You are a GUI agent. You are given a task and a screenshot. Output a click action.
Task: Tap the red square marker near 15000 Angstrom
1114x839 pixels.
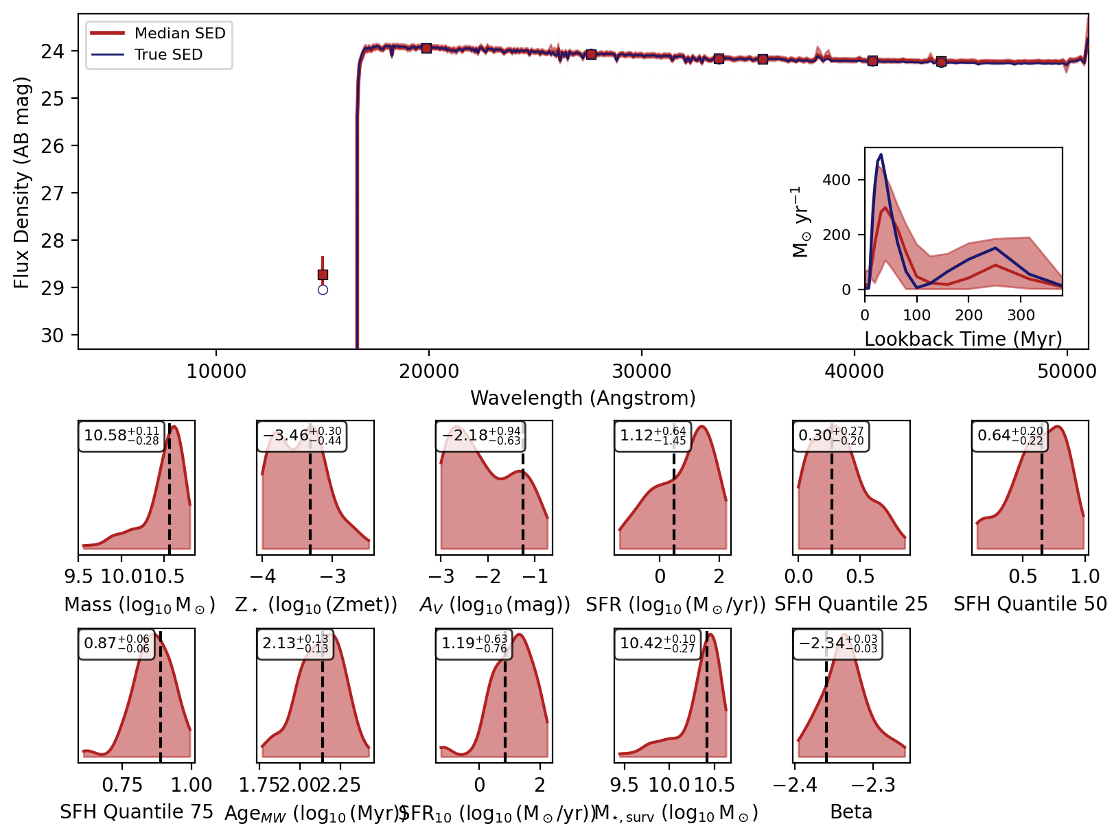pyautogui.click(x=323, y=274)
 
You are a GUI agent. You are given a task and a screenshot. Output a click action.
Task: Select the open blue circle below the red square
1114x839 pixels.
pyautogui.click(x=323, y=289)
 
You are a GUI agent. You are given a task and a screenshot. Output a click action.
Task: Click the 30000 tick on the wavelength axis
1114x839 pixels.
pyautogui.click(x=641, y=372)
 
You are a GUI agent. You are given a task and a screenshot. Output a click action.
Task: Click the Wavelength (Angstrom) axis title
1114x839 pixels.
pyautogui.click(x=583, y=398)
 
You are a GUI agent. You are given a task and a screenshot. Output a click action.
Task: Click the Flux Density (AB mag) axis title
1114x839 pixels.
pyautogui.click(x=22, y=182)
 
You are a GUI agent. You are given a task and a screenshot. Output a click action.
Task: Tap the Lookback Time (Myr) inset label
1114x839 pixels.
pyautogui.click(x=963, y=339)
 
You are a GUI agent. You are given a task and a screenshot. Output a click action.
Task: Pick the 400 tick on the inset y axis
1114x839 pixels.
pyautogui.click(x=836, y=180)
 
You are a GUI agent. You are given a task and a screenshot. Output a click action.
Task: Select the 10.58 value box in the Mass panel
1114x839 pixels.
pyautogui.click(x=121, y=436)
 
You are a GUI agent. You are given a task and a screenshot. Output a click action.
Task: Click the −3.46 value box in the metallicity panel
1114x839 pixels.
pyautogui.click(x=301, y=436)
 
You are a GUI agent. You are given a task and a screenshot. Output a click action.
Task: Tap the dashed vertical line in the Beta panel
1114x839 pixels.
pyautogui.click(x=826, y=713)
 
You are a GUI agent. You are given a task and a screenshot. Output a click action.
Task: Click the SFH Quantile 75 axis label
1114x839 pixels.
pyautogui.click(x=137, y=812)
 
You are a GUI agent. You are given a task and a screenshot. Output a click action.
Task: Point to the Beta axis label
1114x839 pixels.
pyautogui.click(x=850, y=812)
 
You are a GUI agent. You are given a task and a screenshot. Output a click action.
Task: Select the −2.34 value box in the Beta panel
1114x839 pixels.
pyautogui.click(x=837, y=643)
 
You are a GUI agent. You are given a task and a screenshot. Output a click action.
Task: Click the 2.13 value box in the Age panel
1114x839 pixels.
pyautogui.click(x=295, y=643)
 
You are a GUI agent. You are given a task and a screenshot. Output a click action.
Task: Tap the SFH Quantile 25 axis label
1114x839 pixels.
pyautogui.click(x=850, y=604)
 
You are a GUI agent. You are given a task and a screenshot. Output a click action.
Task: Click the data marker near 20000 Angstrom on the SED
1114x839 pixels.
pyautogui.click(x=426, y=48)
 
